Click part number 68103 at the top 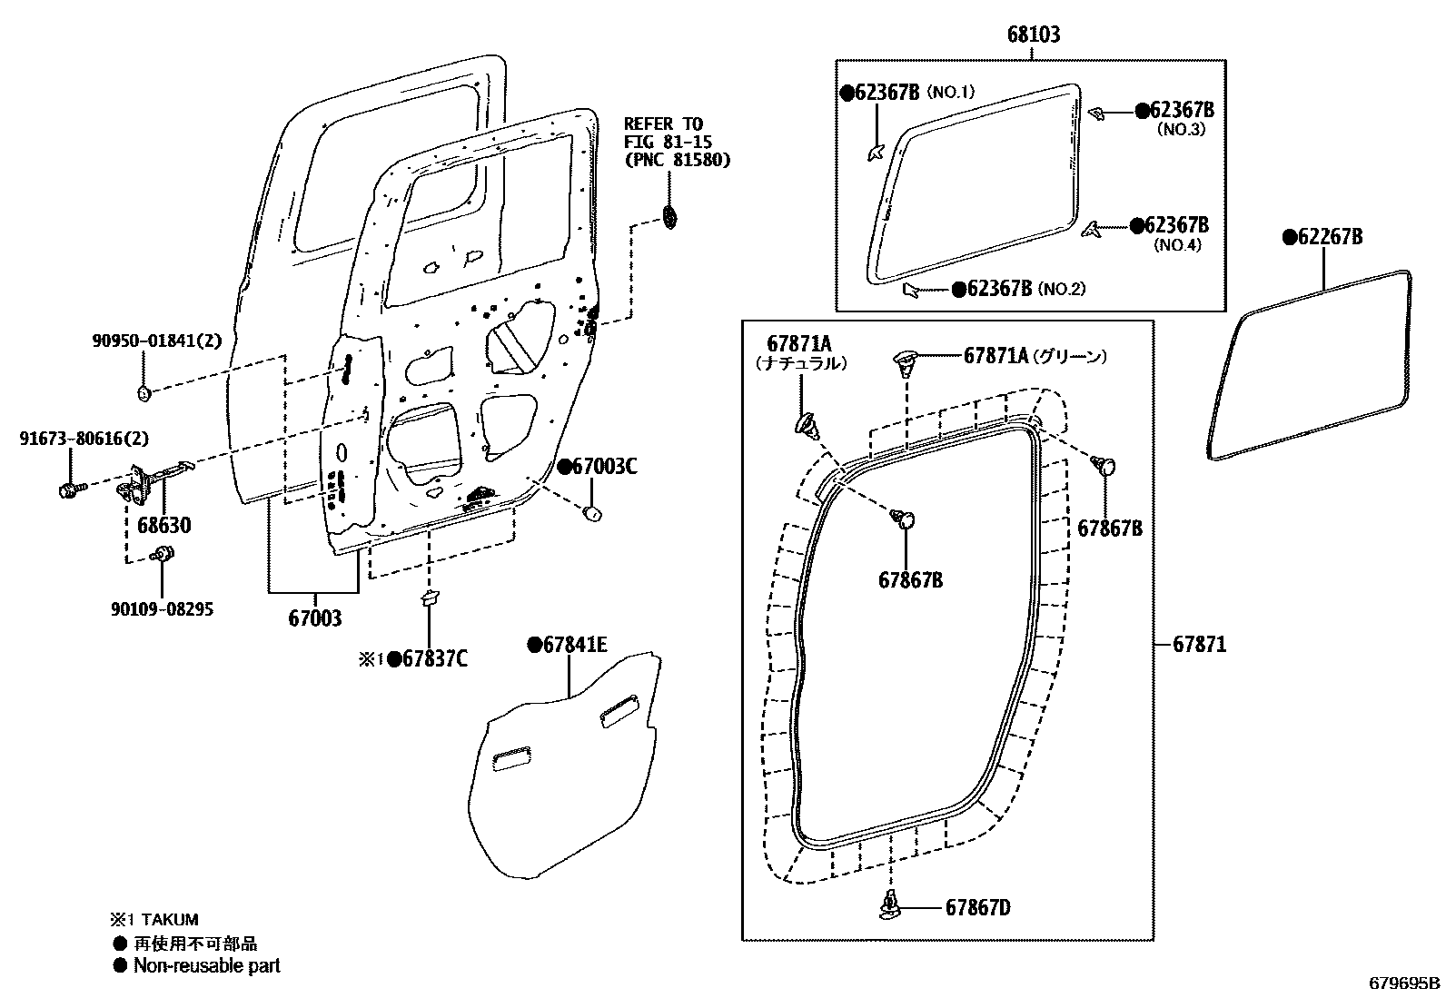[1033, 35]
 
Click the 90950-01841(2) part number [156, 341]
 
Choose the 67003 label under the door [314, 619]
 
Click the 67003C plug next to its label [592, 513]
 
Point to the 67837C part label [428, 658]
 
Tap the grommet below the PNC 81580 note [670, 218]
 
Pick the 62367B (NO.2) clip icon [911, 290]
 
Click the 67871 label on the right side [1199, 645]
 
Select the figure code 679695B [1405, 983]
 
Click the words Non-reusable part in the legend [207, 966]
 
